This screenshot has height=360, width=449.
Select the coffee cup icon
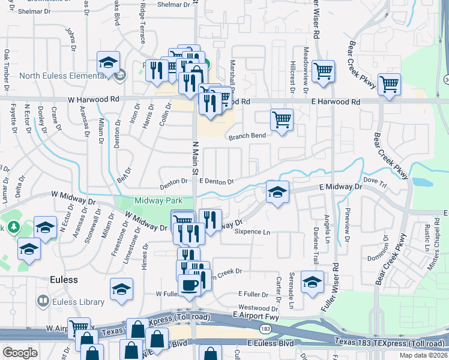pos(190,285)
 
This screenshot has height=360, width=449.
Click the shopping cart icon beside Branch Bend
pos(282,120)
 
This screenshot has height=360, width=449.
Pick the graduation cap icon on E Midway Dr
pos(278,193)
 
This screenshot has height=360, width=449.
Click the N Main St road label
pos(194,158)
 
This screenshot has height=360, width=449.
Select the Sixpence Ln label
pos(252,231)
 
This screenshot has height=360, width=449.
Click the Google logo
pos(20,353)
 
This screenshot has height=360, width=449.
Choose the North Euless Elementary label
pos(62,76)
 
